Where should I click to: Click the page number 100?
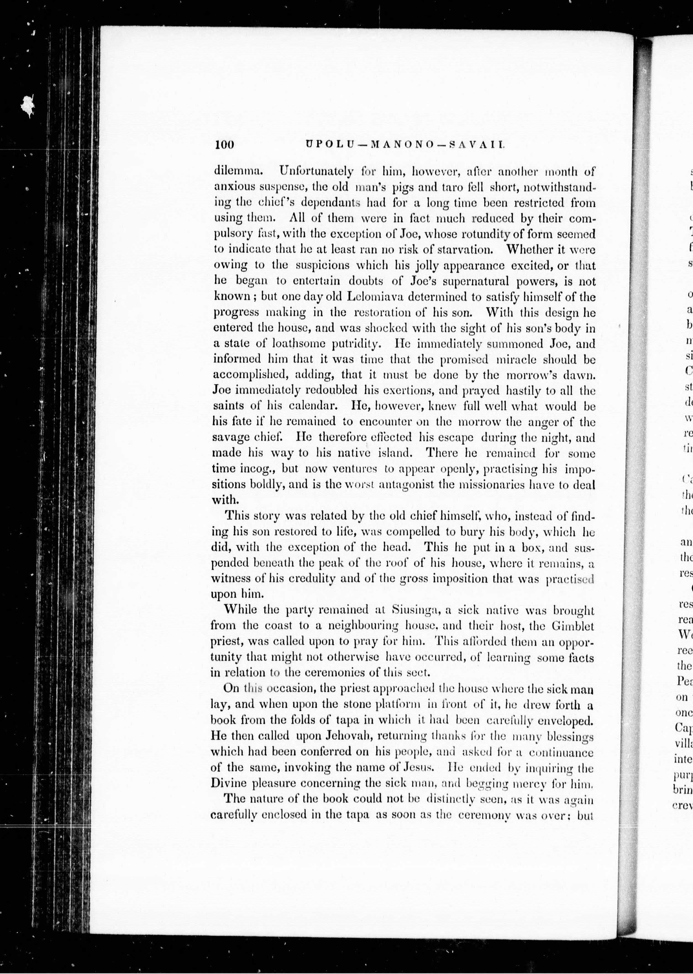tap(224, 145)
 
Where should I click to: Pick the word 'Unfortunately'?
tap(316, 171)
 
